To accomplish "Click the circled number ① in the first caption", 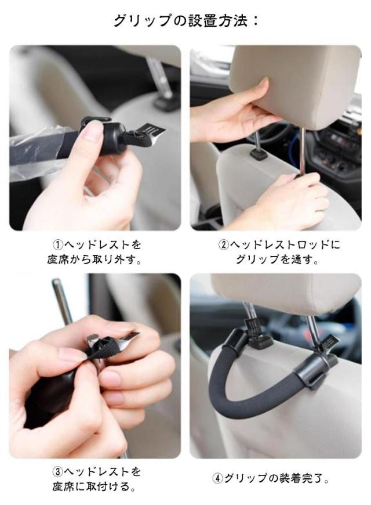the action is [58, 245].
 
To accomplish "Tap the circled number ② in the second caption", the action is [224, 245].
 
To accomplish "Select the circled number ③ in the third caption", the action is [58, 472].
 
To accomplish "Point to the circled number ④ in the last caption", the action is [218, 478].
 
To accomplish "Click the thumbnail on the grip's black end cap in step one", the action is [91, 131].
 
